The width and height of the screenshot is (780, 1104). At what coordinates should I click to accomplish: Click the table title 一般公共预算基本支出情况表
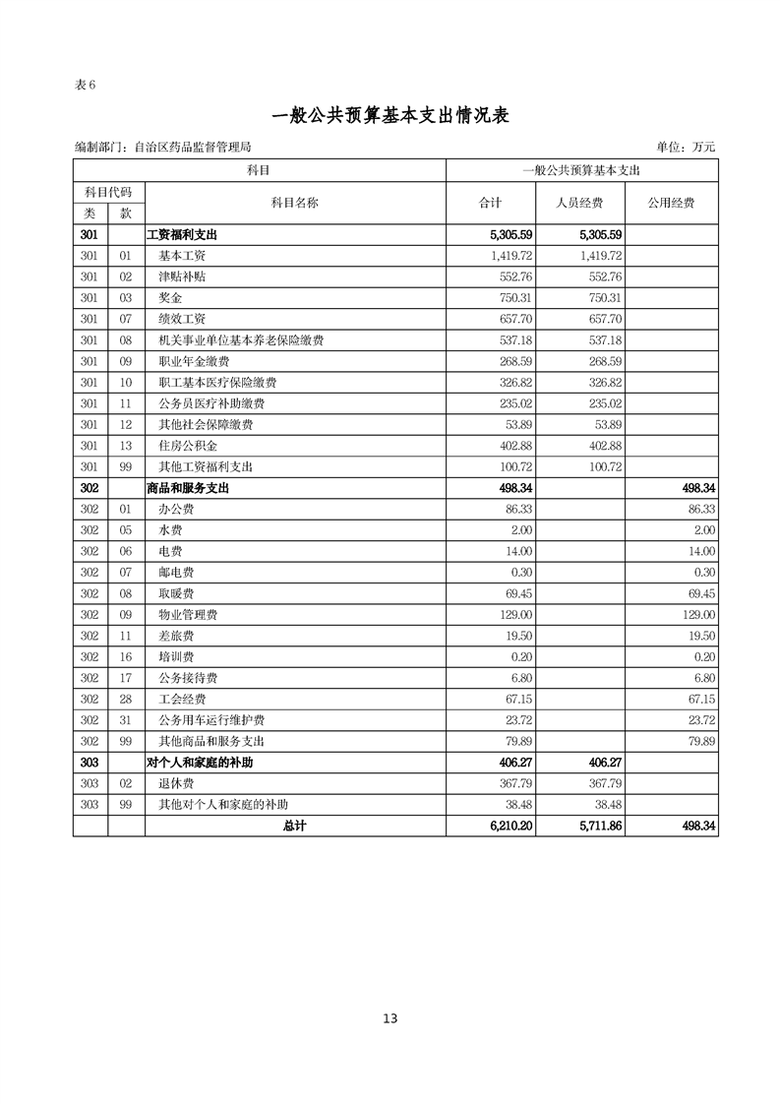[x=390, y=115]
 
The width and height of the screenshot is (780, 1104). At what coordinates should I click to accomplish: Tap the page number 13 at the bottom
[x=390, y=1018]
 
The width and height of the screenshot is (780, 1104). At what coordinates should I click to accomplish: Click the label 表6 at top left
[x=85, y=84]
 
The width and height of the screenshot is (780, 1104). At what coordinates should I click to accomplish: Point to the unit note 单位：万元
[x=686, y=148]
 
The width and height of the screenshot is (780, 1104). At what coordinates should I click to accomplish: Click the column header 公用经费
[x=671, y=203]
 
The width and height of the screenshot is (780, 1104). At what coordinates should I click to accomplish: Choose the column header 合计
[x=490, y=203]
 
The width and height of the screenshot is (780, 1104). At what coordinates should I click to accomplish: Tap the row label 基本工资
[x=182, y=256]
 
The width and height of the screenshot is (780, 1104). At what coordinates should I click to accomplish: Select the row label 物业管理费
[x=188, y=614]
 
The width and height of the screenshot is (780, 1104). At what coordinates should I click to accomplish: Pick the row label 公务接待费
[x=188, y=678]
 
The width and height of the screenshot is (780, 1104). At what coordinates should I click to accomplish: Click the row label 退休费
[x=176, y=784]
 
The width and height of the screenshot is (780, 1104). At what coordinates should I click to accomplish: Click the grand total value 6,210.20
[x=511, y=827]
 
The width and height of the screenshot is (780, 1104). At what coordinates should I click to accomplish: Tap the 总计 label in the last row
[x=294, y=827]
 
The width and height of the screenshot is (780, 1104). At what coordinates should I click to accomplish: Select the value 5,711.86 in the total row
[x=601, y=827]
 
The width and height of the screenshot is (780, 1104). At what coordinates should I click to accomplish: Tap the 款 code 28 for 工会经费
[x=125, y=699]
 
